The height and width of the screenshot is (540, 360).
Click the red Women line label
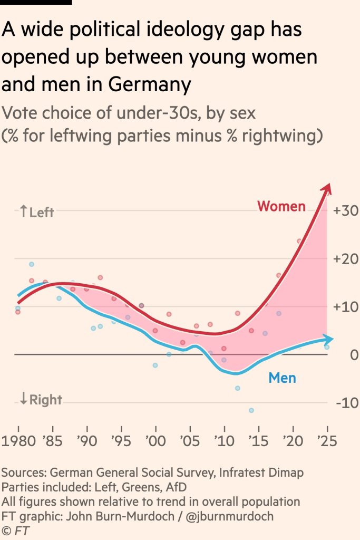[281, 206]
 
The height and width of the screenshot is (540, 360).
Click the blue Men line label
[282, 378]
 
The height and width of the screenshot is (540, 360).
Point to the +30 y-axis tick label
[346, 211]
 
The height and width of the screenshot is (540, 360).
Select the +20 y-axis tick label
[346, 259]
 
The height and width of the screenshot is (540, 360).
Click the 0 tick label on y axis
[354, 355]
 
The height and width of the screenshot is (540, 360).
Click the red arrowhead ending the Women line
[327, 188]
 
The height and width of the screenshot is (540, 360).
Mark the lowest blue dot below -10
[251, 410]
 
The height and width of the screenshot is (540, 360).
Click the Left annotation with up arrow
[36, 213]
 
